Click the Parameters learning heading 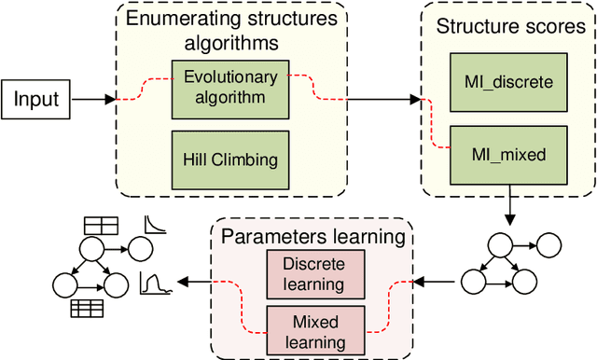pyautogui.click(x=312, y=236)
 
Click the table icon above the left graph pyautogui.click(x=100, y=225)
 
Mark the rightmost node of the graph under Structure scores pyautogui.click(x=551, y=248)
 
